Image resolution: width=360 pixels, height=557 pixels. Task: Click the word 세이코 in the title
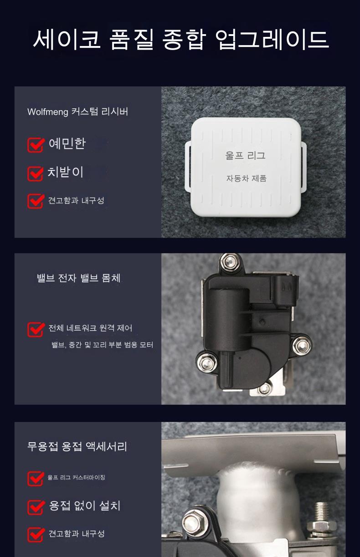67,39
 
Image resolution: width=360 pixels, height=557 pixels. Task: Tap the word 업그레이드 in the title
272,39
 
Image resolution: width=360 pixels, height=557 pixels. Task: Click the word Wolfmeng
48,112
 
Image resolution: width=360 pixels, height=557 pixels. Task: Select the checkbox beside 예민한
36,144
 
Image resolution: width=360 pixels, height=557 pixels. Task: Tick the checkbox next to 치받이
36,174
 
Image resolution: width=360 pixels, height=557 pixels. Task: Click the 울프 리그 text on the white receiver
245,155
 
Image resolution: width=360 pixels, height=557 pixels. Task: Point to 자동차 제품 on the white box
246,178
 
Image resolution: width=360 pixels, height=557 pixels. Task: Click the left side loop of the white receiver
188,167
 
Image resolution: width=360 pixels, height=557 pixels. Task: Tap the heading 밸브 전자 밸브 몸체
79,278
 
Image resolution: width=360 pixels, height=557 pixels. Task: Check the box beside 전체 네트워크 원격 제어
36,329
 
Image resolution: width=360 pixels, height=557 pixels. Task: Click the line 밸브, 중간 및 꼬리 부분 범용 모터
102,345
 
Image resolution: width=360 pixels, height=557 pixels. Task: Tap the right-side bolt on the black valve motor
302,346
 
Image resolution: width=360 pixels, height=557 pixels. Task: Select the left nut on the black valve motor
206,363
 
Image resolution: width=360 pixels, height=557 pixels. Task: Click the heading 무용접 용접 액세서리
77,446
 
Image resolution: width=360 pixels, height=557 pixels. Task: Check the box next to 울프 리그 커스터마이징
36,478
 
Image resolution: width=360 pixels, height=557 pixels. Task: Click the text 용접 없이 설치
85,506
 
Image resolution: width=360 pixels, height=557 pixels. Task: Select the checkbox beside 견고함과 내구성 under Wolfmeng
36,201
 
